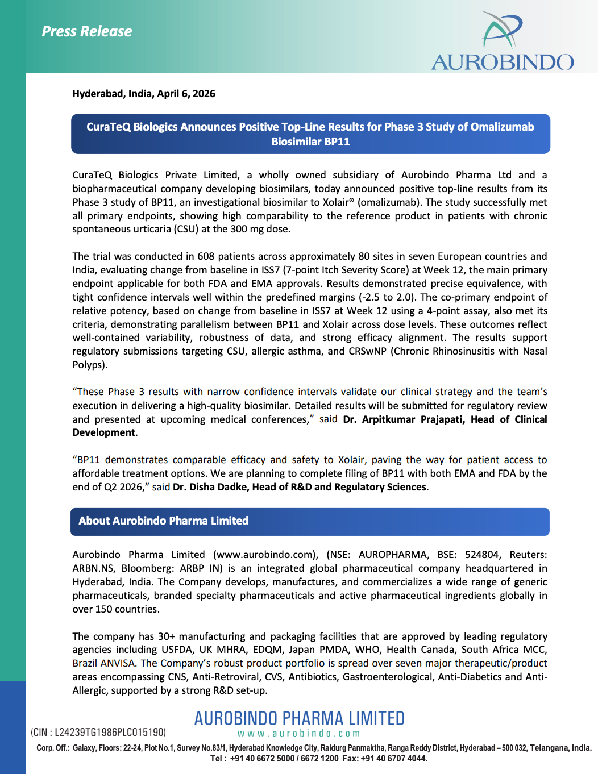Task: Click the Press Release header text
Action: pyautogui.click(x=86, y=31)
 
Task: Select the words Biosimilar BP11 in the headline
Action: pyautogui.click(x=310, y=142)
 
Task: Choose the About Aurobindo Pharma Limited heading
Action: pyautogui.click(x=164, y=521)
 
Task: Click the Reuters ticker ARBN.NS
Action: pyautogui.click(x=93, y=568)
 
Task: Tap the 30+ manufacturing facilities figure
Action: pyautogui.click(x=166, y=636)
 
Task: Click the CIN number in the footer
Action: pyautogui.click(x=110, y=733)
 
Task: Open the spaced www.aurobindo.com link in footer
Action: pyautogui.click(x=299, y=734)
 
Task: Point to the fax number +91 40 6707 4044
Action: pyautogui.click(x=393, y=758)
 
